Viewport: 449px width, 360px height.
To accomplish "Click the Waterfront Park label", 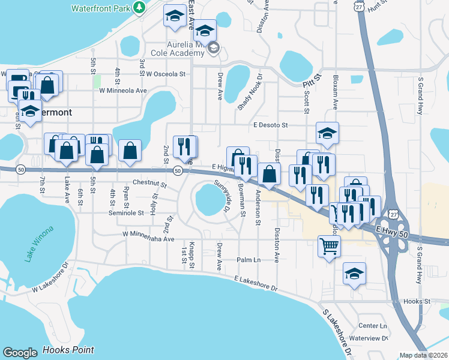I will pyautogui.click(x=100, y=8).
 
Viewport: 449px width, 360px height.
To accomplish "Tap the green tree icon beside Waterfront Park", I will pyautogui.click(x=139, y=8).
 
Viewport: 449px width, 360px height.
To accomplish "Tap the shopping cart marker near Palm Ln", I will pyautogui.click(x=329, y=245).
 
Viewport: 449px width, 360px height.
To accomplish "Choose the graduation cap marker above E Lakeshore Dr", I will pyautogui.click(x=354, y=274).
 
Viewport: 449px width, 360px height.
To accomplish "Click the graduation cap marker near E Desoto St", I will pyautogui.click(x=327, y=133).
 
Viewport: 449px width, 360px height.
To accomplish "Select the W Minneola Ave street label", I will pyautogui.click(x=123, y=91).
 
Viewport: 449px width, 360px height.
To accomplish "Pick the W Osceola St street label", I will pyautogui.click(x=166, y=74).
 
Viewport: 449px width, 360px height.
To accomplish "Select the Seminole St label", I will pyautogui.click(x=126, y=213).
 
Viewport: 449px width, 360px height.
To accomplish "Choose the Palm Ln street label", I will pyautogui.click(x=249, y=260).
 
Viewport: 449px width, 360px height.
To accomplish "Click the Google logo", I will pyautogui.click(x=20, y=353).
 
